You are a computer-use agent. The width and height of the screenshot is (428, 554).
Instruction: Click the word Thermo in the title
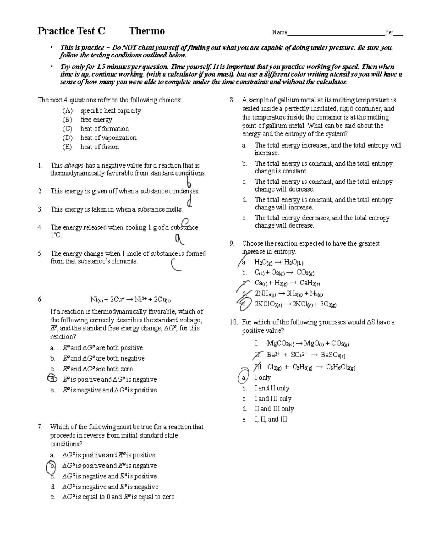point(147,31)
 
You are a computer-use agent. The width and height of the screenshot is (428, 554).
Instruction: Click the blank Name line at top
point(336,33)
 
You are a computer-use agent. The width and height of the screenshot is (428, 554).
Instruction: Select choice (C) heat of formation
point(104,129)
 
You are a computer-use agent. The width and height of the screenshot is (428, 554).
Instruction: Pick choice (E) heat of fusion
point(99,147)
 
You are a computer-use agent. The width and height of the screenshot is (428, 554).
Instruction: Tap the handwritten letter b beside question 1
point(189,183)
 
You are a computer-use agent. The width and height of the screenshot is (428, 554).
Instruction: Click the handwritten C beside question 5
point(176,265)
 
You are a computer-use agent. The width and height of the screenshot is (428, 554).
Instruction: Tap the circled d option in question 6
point(52,379)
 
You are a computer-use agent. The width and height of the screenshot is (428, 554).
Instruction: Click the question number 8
point(232,100)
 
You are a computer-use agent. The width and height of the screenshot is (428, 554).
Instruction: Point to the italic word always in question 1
point(73,166)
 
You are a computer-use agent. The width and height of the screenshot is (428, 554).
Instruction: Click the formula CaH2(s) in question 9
point(310,283)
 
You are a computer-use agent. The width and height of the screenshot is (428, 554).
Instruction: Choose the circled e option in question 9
point(244,304)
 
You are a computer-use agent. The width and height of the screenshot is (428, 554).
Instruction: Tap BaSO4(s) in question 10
point(333,355)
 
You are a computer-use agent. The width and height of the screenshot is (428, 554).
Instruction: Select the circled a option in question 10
point(244,377)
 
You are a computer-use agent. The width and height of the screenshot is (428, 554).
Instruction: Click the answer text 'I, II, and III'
point(271,420)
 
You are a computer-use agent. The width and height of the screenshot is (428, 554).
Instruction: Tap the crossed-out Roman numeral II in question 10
point(258,355)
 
